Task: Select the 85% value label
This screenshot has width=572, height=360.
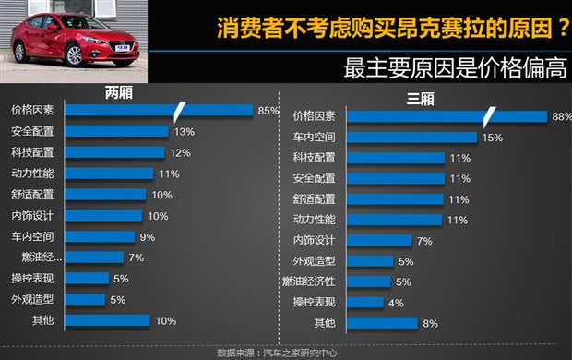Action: pos(268,111)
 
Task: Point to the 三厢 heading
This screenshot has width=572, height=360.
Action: pos(394,100)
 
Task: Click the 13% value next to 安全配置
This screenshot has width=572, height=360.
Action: pos(184,131)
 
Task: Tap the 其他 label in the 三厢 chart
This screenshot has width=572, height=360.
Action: pos(325,323)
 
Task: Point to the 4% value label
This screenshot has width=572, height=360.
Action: pos(397,302)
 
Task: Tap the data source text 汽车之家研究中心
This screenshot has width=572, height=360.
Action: pos(304,353)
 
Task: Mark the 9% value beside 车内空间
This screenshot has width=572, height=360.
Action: pos(147,236)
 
